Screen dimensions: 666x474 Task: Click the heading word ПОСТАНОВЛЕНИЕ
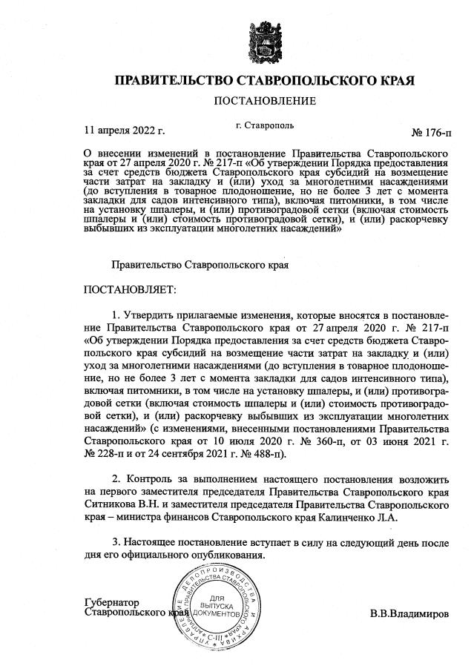point(265,101)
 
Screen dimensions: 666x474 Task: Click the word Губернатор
point(113,603)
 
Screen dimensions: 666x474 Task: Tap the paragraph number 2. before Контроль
point(115,477)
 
